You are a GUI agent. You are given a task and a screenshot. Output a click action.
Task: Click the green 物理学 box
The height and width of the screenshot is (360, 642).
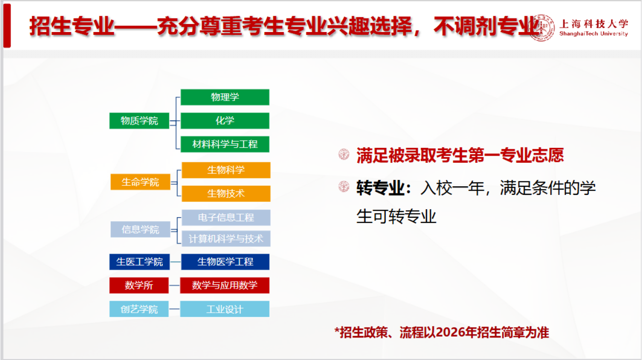pyautogui.click(x=225, y=97)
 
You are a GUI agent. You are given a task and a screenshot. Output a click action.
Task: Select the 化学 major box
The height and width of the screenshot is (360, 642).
pyautogui.click(x=225, y=121)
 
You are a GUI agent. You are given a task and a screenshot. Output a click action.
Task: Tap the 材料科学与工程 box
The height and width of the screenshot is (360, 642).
pyautogui.click(x=225, y=144)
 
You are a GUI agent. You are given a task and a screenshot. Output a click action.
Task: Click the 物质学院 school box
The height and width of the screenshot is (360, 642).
pyautogui.click(x=139, y=121)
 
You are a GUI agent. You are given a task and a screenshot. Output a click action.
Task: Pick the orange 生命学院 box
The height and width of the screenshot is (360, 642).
pyautogui.click(x=140, y=182)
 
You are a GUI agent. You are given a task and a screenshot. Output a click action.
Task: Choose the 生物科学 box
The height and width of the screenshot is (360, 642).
pyautogui.click(x=226, y=170)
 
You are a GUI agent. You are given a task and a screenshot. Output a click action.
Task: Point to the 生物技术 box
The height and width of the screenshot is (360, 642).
pyautogui.click(x=226, y=193)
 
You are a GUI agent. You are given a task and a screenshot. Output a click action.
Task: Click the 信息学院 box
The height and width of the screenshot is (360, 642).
pyautogui.click(x=140, y=229)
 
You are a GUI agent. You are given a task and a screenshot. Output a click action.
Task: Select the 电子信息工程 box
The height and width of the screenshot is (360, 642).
pyautogui.click(x=226, y=217)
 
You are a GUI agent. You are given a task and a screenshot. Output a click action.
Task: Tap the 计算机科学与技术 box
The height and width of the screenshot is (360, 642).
pyautogui.click(x=226, y=238)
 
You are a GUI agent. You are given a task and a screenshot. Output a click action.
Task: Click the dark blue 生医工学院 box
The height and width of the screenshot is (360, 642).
pyautogui.click(x=140, y=262)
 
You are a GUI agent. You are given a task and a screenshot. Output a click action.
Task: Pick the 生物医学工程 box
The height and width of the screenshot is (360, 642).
pyautogui.click(x=225, y=262)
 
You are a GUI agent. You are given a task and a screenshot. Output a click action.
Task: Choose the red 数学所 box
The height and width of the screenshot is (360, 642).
pyautogui.click(x=139, y=285)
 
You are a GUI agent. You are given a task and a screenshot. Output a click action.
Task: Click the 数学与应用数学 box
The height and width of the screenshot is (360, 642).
pyautogui.click(x=225, y=285)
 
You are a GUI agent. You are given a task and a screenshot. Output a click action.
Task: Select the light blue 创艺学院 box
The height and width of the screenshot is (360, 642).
pyautogui.click(x=139, y=309)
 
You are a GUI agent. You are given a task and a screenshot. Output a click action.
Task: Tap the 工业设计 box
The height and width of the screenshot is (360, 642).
pyautogui.click(x=225, y=309)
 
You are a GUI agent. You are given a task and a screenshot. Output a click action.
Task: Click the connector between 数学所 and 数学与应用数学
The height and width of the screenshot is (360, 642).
pyautogui.click(x=174, y=285)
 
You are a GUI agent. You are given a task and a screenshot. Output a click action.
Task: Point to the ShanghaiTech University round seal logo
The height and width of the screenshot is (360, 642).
pyautogui.click(x=541, y=28)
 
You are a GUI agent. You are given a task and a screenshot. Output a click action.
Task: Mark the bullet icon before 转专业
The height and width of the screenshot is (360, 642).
pyautogui.click(x=344, y=187)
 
